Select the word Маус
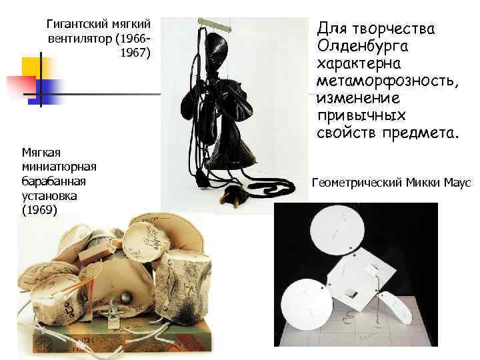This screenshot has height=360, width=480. (458, 182)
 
